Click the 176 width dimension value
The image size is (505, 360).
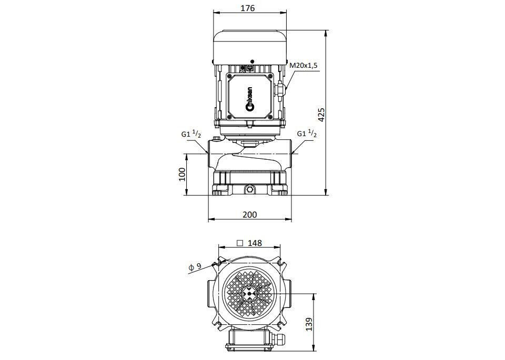(x=248, y=8)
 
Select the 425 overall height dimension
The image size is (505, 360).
(x=321, y=115)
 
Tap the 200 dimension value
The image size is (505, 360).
(x=250, y=214)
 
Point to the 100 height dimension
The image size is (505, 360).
(x=182, y=174)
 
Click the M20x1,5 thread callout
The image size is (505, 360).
(x=304, y=65)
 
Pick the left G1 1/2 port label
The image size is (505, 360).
(x=191, y=134)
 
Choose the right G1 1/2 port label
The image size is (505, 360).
(x=307, y=133)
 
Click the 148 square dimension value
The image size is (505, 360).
(x=255, y=243)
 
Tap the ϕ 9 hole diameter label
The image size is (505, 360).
(x=195, y=266)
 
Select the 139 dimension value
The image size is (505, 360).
(x=309, y=324)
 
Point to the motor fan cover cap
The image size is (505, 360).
(x=250, y=47)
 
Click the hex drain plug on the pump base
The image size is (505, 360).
(x=249, y=190)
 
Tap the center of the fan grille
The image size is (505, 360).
(x=249, y=293)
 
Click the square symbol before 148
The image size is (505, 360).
(x=240, y=243)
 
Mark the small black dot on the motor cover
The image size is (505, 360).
(x=252, y=61)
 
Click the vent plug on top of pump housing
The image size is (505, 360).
(x=216, y=139)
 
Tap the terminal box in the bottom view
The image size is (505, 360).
(x=250, y=339)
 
